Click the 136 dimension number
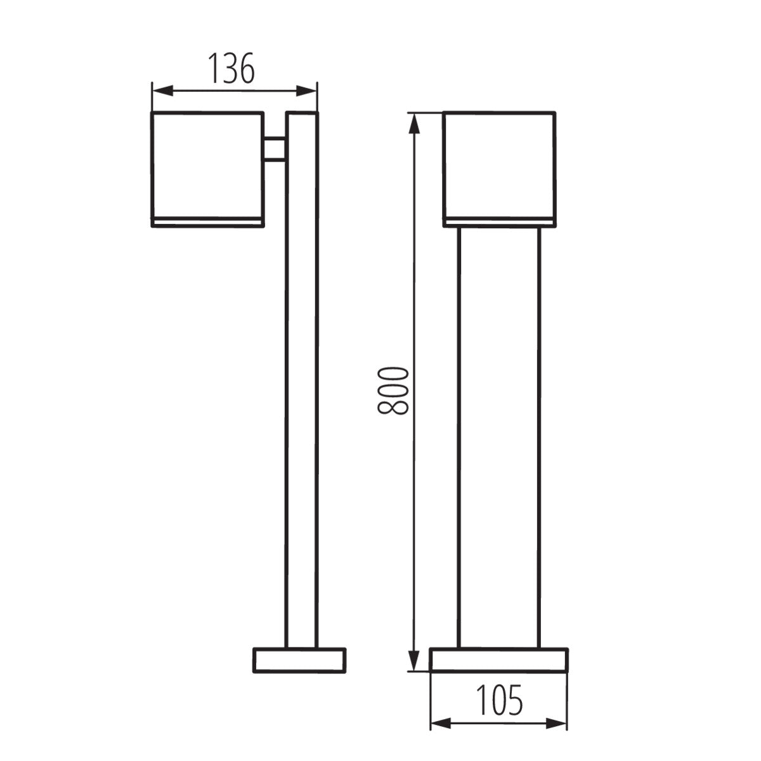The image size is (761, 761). point(232,68)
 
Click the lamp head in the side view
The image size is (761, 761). point(207,165)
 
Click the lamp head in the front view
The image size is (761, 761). point(499,165)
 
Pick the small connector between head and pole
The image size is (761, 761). point(275,149)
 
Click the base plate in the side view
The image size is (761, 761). point(299,660)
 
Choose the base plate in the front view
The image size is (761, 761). point(498,660)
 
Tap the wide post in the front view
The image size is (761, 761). point(498,438)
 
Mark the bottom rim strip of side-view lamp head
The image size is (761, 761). point(207,221)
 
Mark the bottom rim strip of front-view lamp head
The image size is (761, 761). point(499,221)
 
